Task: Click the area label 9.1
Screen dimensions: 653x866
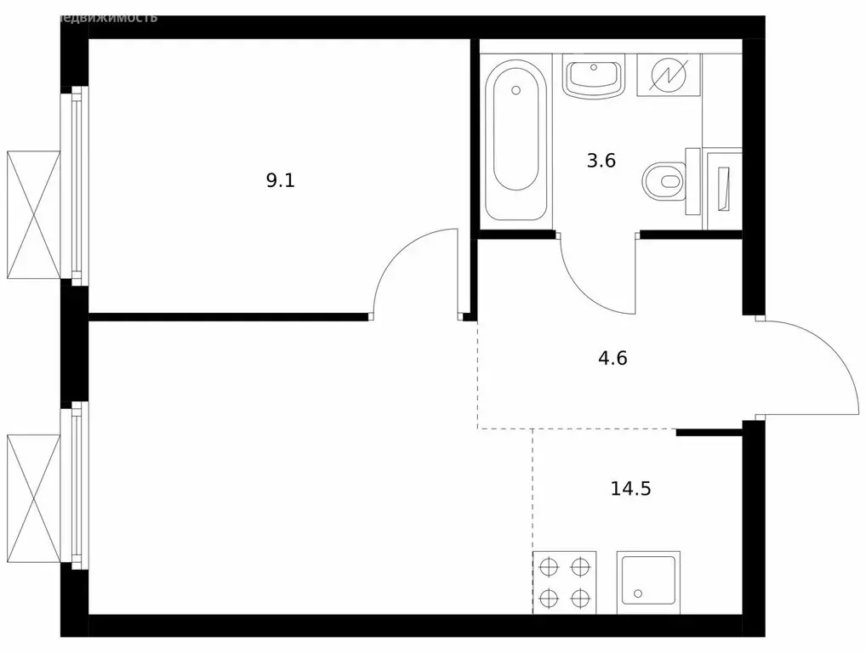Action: coord(280,180)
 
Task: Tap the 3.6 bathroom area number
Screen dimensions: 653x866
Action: coord(601,161)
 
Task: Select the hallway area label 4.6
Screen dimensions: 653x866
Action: coord(612,358)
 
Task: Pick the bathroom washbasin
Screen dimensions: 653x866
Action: coord(594,77)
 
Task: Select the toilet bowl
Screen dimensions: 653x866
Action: coord(663,181)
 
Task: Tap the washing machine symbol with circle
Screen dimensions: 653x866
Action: coord(668,76)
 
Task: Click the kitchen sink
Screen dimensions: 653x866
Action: coord(648,582)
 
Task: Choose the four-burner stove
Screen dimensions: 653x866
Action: coord(564,582)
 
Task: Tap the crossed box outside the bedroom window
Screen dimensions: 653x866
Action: coord(33,214)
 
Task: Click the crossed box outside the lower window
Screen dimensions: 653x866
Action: coord(33,498)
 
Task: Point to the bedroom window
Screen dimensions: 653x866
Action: coord(78,185)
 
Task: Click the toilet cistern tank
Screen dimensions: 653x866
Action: coord(692,181)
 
